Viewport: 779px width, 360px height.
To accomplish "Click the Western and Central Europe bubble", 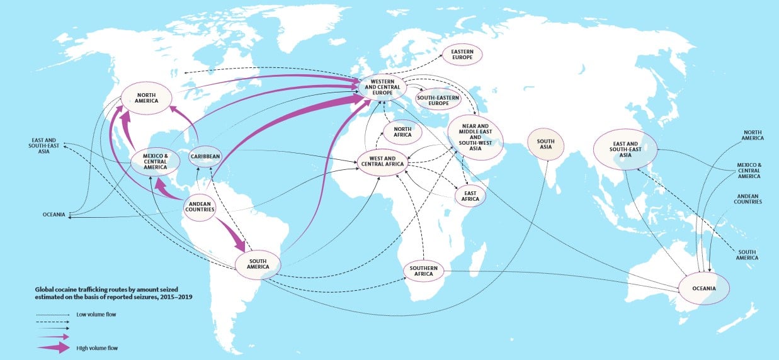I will (382, 87).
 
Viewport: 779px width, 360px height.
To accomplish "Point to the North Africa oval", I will (403, 131).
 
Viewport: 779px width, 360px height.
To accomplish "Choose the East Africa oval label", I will (470, 195).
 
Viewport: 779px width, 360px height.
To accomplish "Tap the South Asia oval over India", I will (545, 143).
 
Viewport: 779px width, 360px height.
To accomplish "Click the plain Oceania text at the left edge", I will (54, 215).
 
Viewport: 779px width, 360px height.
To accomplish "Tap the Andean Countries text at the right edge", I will (748, 198).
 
